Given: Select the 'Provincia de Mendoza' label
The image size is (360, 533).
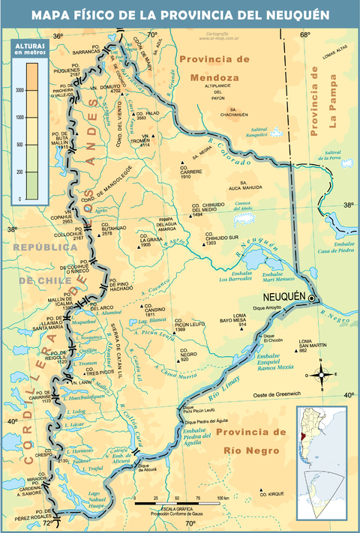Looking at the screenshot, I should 214,67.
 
